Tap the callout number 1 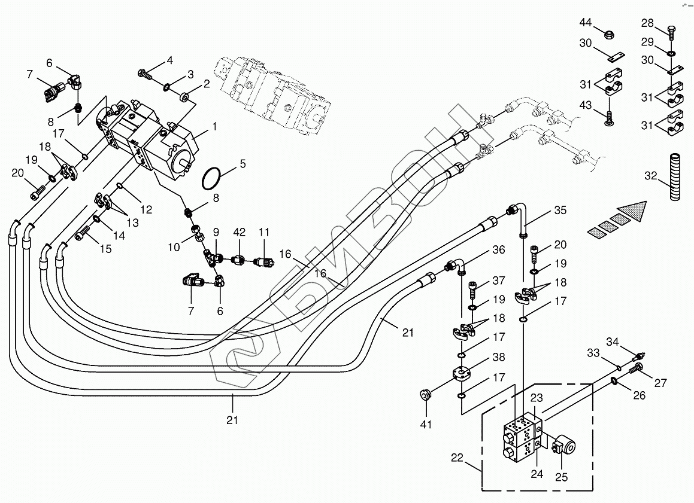click(214, 127)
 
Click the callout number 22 click(457, 458)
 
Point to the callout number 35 click(560, 210)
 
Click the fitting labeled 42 click(239, 260)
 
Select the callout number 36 click(499, 250)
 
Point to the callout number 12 click(147, 209)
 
